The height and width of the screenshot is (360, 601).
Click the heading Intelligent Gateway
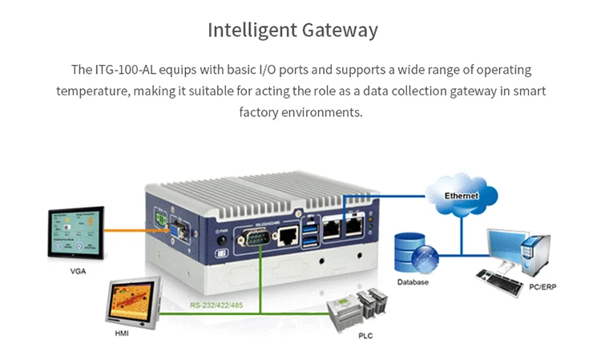(x=292, y=30)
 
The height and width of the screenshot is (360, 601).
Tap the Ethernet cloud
(x=462, y=195)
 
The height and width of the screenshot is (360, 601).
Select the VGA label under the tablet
(x=78, y=271)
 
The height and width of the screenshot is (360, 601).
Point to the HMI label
(x=122, y=333)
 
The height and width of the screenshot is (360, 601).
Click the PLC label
(x=365, y=336)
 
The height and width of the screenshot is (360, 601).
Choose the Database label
(x=413, y=282)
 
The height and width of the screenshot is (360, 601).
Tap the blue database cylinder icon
(x=413, y=254)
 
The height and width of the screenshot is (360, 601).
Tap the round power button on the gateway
(x=220, y=239)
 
